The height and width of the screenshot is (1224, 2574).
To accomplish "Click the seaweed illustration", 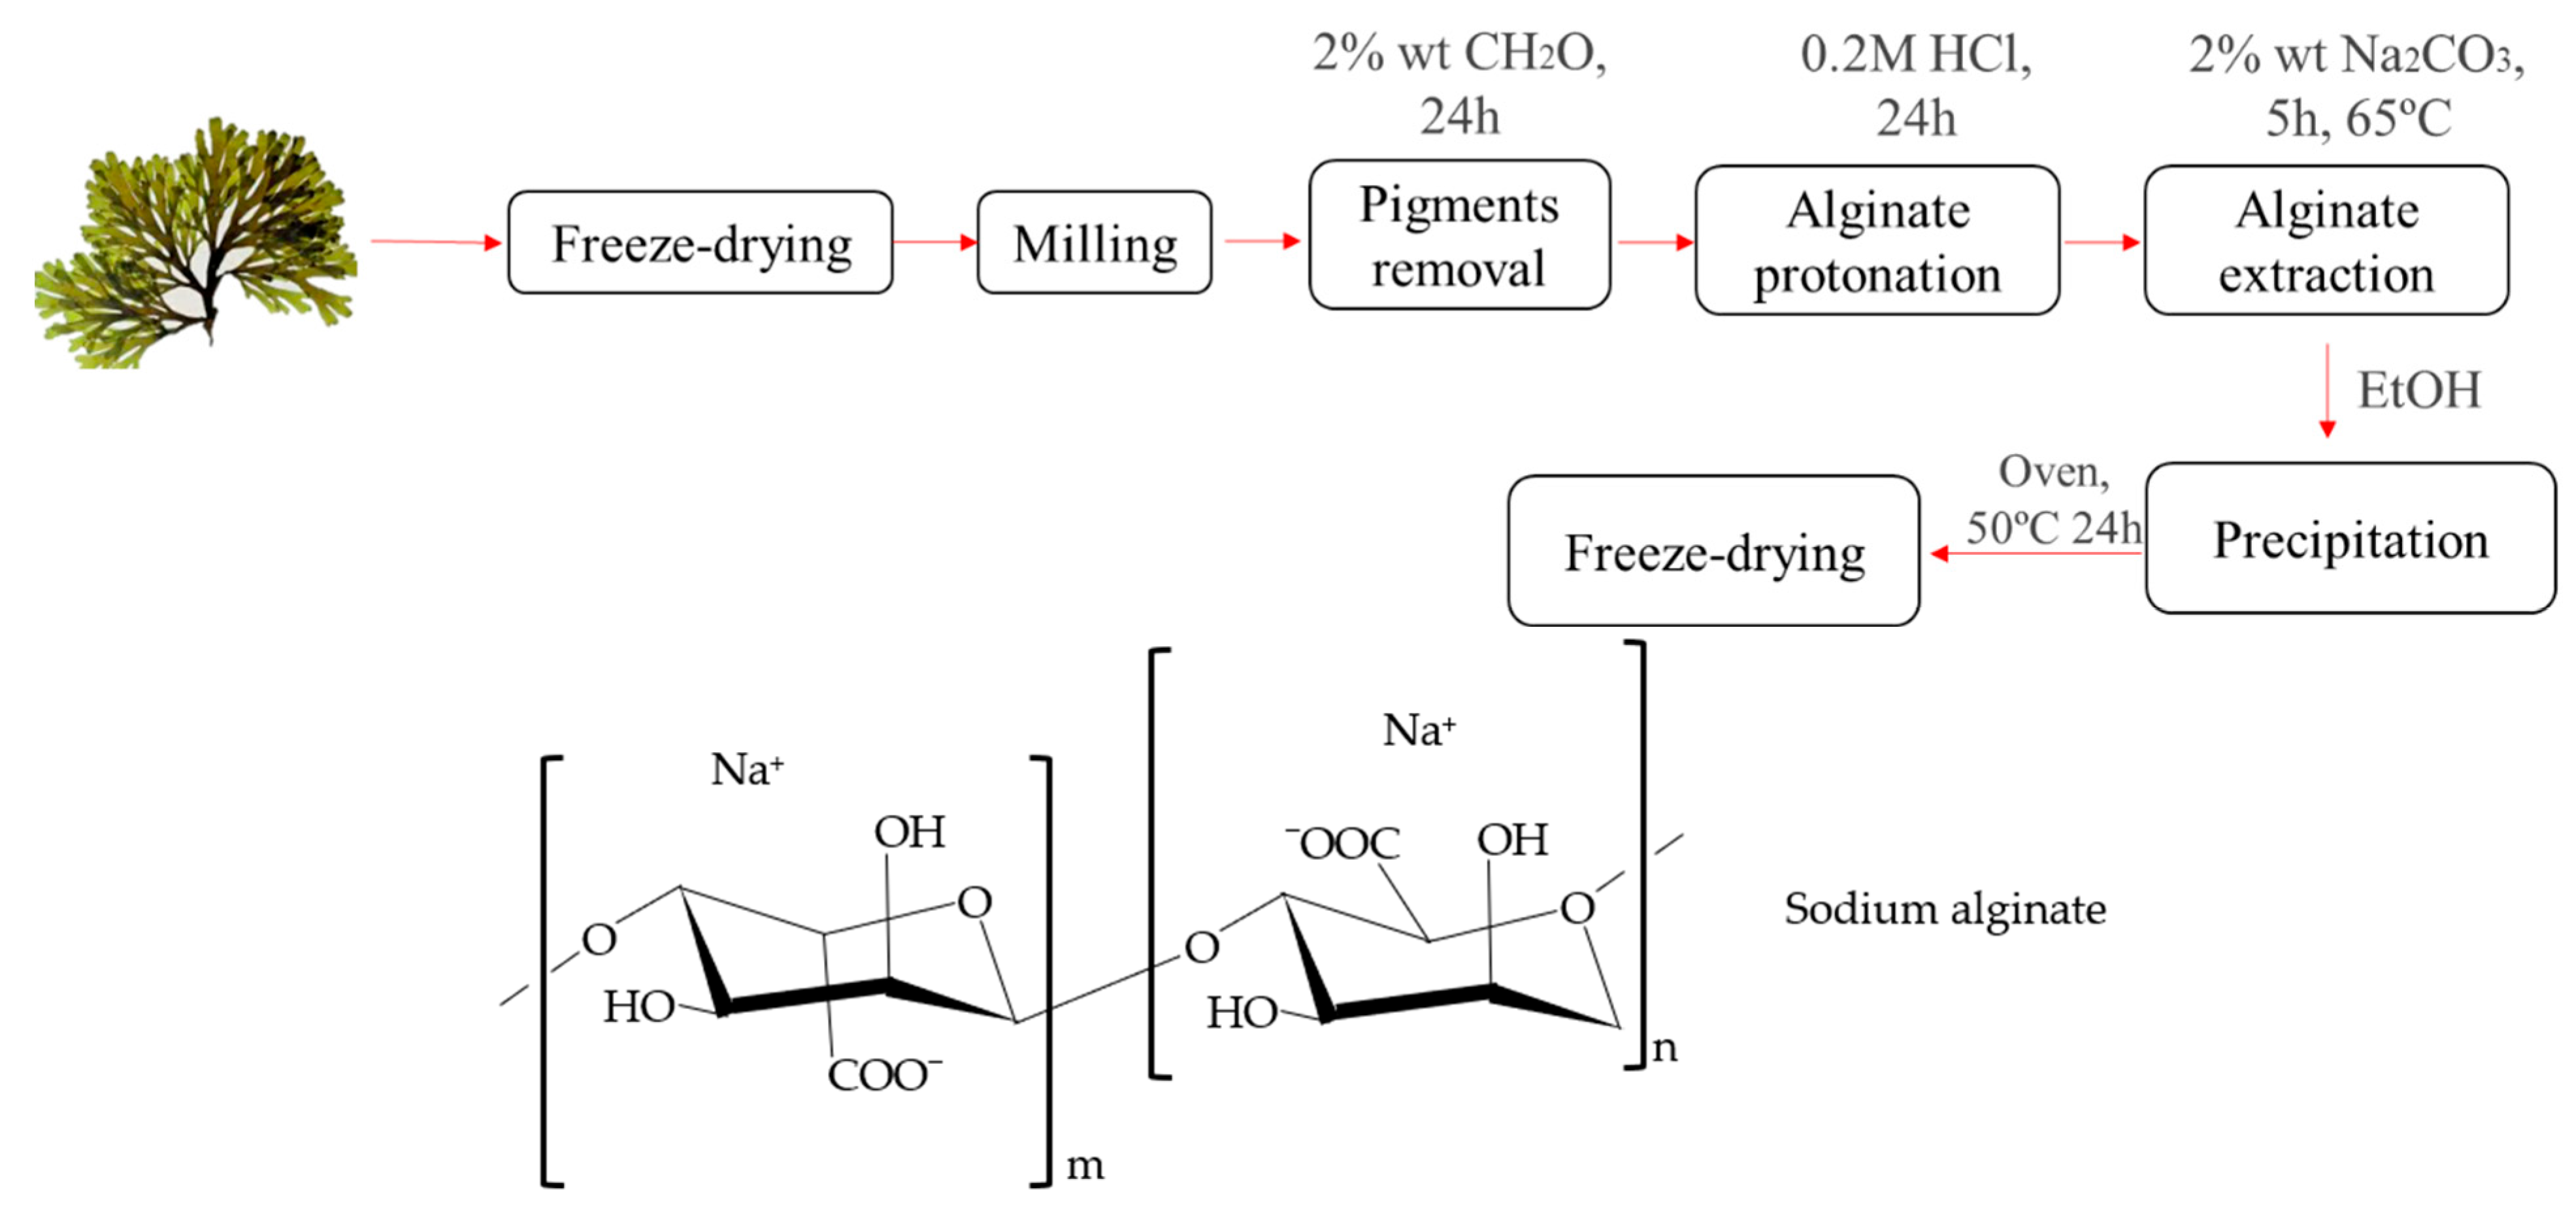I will [195, 245].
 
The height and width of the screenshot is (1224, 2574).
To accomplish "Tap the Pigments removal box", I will [1459, 236].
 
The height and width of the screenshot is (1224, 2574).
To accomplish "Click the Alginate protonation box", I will [1877, 240].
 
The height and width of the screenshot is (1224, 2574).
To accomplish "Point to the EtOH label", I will [2418, 389].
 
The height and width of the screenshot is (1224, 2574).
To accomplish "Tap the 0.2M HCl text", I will [1915, 54].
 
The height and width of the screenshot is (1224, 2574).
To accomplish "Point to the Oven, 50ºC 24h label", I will [2053, 499].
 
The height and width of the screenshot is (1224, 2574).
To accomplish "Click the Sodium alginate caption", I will [1945, 908].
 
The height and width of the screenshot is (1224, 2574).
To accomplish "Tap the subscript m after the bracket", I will [1085, 1165].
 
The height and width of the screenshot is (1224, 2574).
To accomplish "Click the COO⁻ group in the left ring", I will [884, 1075].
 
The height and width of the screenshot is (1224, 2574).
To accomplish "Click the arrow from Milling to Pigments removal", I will [1261, 240].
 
